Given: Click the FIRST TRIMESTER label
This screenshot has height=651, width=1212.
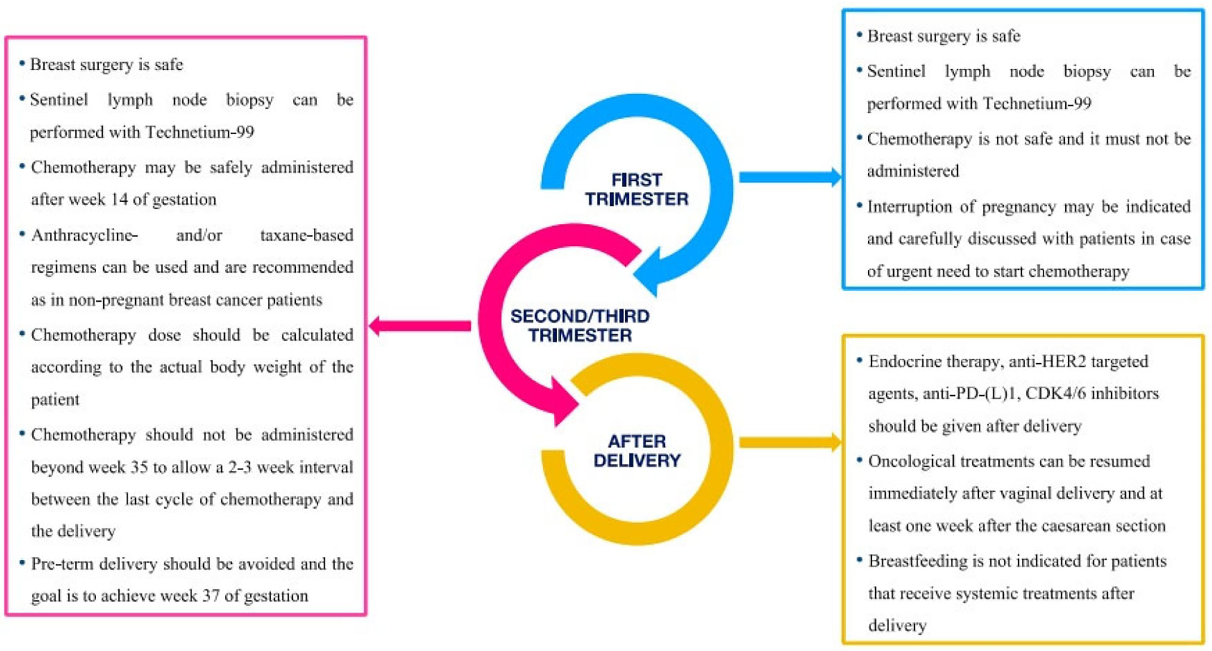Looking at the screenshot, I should point(637,189).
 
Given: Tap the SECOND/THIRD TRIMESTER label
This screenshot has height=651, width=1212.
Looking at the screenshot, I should point(580,326).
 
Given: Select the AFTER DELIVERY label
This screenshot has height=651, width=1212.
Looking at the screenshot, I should point(637,451).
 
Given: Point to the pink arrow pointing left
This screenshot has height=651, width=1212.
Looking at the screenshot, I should point(420,326).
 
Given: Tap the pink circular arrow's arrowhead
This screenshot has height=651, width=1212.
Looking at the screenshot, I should point(561,401).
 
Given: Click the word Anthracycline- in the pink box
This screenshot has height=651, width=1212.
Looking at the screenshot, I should point(84,235).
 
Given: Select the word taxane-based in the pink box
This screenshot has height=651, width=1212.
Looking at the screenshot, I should point(307,235).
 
